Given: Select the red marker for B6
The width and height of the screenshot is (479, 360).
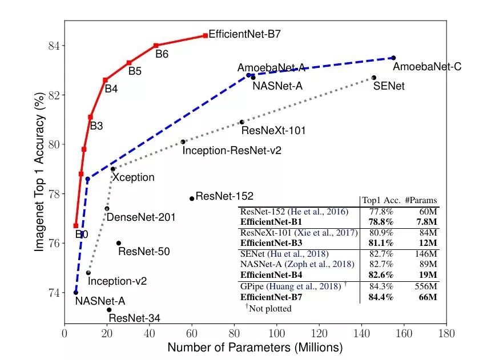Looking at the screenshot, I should pyautogui.click(x=156, y=45).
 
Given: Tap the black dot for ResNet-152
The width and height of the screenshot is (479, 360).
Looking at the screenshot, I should pyautogui.click(x=192, y=199).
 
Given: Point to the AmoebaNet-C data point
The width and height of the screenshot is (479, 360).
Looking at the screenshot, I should pyautogui.click(x=393, y=58).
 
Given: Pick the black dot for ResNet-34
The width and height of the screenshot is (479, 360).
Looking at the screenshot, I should pyautogui.click(x=109, y=310).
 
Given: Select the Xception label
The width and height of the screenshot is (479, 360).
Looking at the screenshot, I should pyautogui.click(x=133, y=177).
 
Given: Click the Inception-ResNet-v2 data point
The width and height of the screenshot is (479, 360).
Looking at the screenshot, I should pyautogui.click(x=183, y=142).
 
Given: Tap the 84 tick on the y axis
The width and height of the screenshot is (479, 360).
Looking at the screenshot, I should pyautogui.click(x=53, y=46).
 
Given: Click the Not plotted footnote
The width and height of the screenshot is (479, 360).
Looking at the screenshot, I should pyautogui.click(x=268, y=309).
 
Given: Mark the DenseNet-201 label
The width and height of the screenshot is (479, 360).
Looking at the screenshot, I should pyautogui.click(x=141, y=217).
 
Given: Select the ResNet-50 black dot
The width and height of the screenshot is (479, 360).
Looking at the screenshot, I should pyautogui.click(x=118, y=243).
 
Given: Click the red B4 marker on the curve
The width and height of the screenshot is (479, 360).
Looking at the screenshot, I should pyautogui.click(x=105, y=80).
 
